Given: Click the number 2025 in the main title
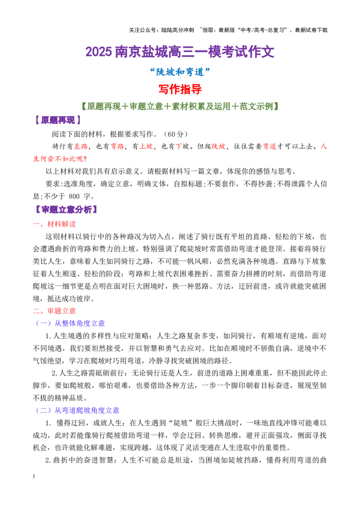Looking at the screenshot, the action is point(99,52).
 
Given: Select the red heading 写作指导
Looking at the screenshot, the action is point(180,89).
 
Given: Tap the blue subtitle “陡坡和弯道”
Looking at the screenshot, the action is point(180,72).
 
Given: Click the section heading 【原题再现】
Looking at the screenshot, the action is point(58,121).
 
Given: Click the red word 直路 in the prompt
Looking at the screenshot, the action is point(81,147).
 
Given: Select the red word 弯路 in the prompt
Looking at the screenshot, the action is point(117,147).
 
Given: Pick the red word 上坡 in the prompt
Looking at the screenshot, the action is point(146,147).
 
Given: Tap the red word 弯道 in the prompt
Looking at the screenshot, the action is point(270,147).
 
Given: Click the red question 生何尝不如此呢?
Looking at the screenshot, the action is point(60,159).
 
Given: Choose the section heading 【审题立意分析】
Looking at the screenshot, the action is point(66,210).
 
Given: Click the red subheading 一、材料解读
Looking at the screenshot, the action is point(54,224).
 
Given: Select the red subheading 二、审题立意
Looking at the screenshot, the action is point(54,311).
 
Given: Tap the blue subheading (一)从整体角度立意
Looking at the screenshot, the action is point(70,323).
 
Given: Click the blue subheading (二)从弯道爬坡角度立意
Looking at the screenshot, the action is point(77,411).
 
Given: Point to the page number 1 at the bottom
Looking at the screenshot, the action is point(34,477).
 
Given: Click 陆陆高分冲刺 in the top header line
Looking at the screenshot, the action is point(178,30).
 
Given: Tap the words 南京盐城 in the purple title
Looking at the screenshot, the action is point(141,52).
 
